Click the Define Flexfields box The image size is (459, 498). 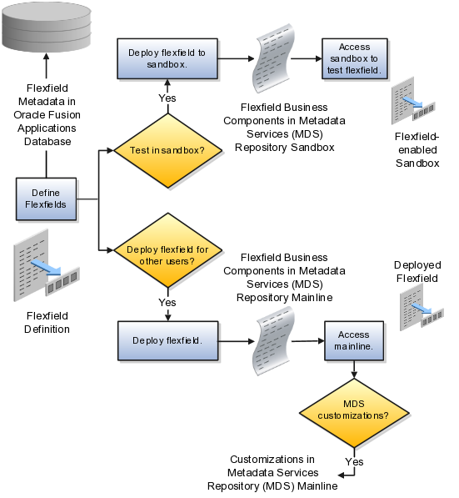point(46,199)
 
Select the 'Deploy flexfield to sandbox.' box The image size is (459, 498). point(168,58)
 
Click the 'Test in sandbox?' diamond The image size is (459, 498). point(168,151)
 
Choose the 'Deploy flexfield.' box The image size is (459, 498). point(168,341)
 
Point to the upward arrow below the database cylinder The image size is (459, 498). point(46,67)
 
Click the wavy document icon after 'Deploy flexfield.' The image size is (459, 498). point(272,340)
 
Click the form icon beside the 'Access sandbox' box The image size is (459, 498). point(411,102)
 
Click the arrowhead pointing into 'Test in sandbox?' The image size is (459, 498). point(111,152)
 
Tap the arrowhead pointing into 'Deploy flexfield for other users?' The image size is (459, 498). point(111,249)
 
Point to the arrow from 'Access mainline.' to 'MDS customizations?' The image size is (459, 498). point(355,369)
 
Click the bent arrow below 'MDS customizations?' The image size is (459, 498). point(347,473)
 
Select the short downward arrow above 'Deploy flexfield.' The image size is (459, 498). point(168,315)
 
